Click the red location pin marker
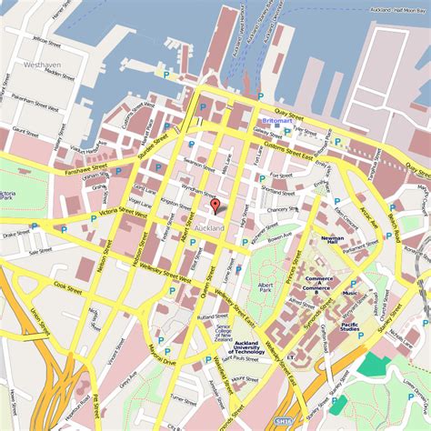coord(215,206)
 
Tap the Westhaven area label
coord(42,65)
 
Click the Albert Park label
coord(266,288)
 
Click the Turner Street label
coord(183,399)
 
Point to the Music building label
coord(349,294)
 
